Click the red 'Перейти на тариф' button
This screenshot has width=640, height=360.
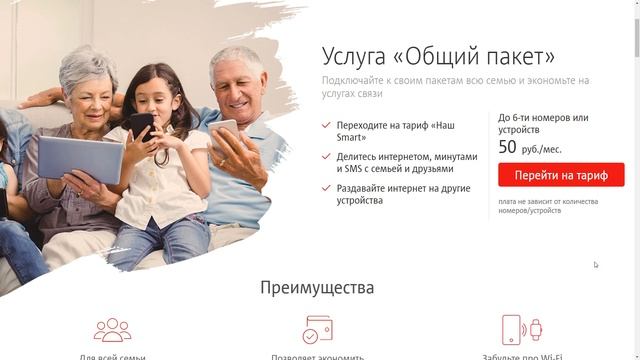pos(561,175)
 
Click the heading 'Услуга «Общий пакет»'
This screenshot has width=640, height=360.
pos(438,55)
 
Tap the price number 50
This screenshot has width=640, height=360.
pos(507,147)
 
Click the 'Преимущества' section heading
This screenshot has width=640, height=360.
pos(317,288)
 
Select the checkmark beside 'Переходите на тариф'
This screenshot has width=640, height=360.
pos(327,126)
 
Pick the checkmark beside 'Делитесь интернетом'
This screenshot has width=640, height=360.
pos(327,157)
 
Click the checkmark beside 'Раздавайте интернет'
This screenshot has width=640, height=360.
pos(327,188)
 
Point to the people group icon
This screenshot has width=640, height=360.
pos(112,329)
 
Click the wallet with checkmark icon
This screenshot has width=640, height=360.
pos(317,329)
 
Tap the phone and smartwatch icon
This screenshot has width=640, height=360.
pos(520,329)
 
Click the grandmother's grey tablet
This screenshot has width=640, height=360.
pos(80,158)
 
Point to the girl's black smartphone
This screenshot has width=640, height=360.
pos(142,127)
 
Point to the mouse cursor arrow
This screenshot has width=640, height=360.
pos(595,264)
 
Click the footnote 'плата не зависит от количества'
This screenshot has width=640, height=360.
pos(547,201)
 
